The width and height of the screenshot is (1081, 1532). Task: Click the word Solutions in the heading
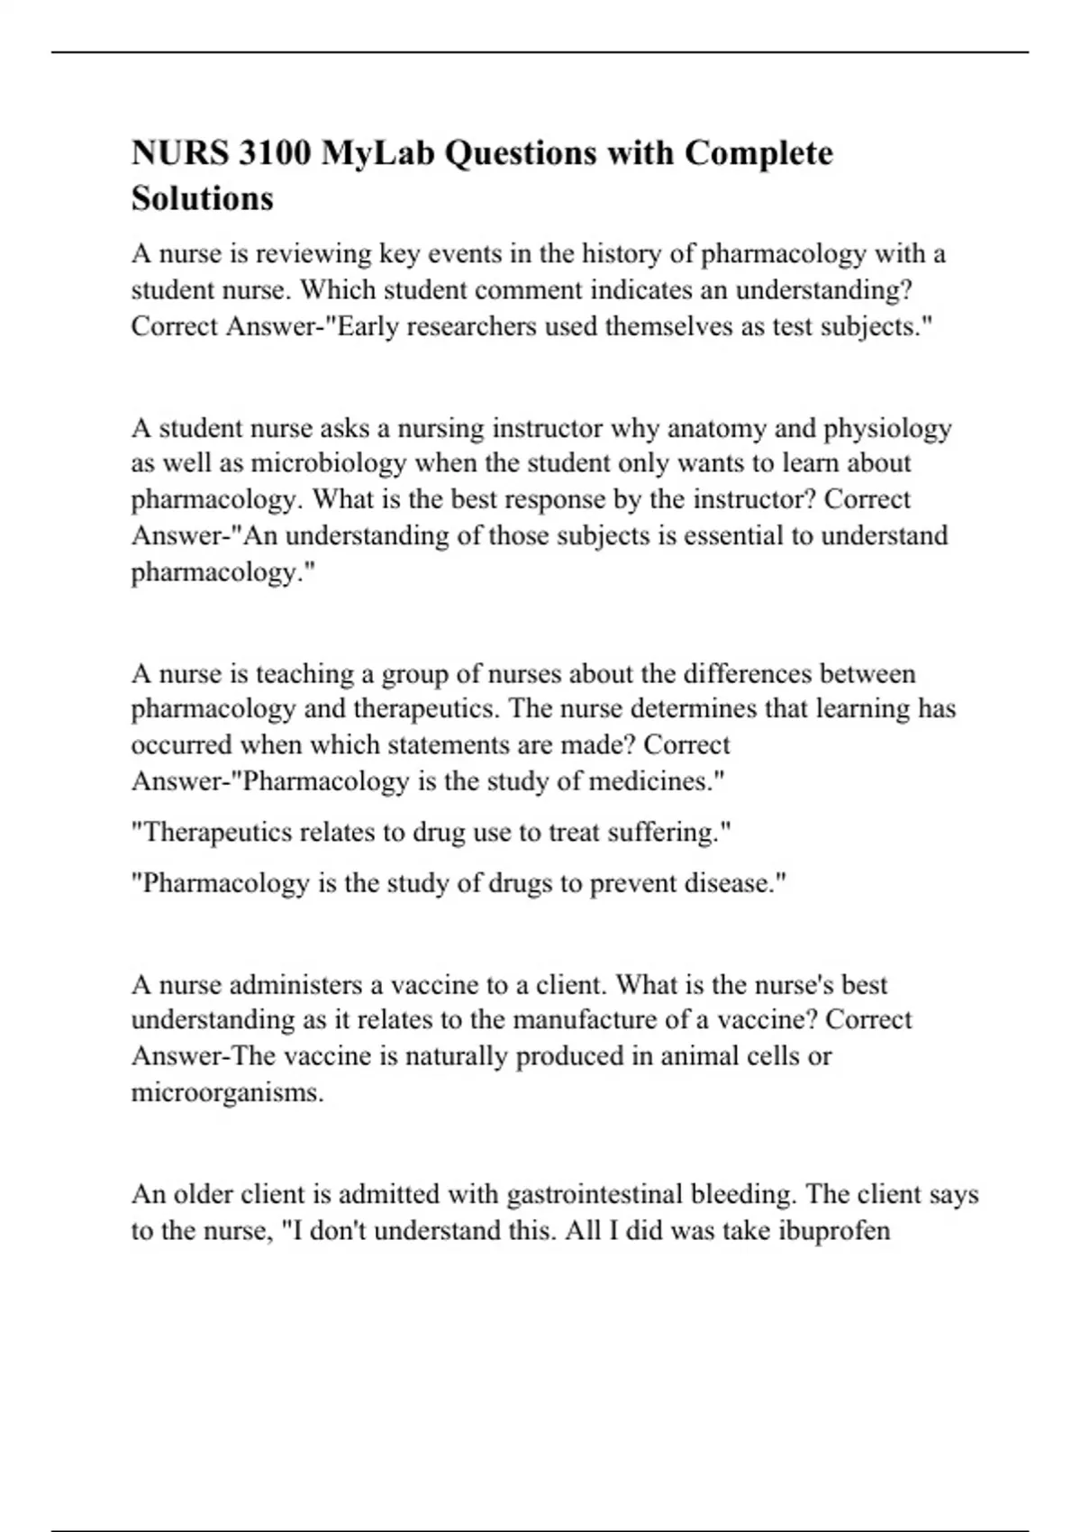pyautogui.click(x=202, y=197)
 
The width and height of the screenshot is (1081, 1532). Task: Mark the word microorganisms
pyautogui.click(x=227, y=1093)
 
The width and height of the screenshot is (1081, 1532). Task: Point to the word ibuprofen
pyautogui.click(x=832, y=1231)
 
